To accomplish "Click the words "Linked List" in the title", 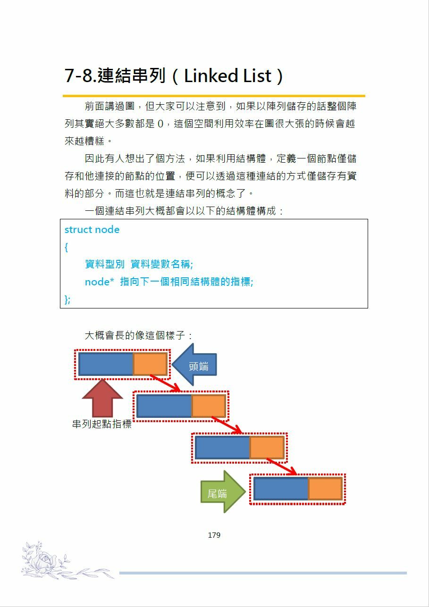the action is tap(228, 76).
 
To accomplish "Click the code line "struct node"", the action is tap(92, 230).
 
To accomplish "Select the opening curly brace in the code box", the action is tap(67, 247).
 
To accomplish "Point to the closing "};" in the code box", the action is tap(67, 299).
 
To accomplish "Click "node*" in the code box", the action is tap(100, 282).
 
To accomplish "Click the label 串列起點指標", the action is tap(101, 424).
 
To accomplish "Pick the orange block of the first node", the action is tap(150, 364).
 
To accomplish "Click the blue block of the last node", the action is tap(281, 489).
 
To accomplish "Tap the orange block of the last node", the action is tap(325, 489).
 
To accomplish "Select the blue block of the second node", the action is tap(164, 406).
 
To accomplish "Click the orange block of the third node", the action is tap(267, 448).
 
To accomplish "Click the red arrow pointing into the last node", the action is tap(281, 466).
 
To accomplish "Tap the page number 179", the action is tap(214, 535).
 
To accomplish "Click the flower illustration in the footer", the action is tap(45, 561).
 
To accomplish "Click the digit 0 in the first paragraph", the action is tap(160, 124).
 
